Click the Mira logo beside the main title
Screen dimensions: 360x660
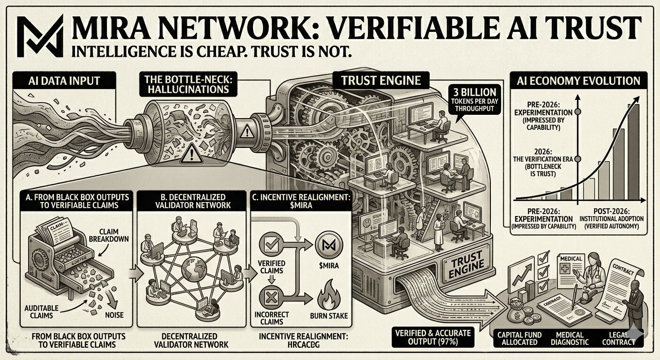point(39,35)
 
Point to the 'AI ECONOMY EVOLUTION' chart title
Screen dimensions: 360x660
point(578,81)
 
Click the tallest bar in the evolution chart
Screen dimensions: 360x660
point(633,151)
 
